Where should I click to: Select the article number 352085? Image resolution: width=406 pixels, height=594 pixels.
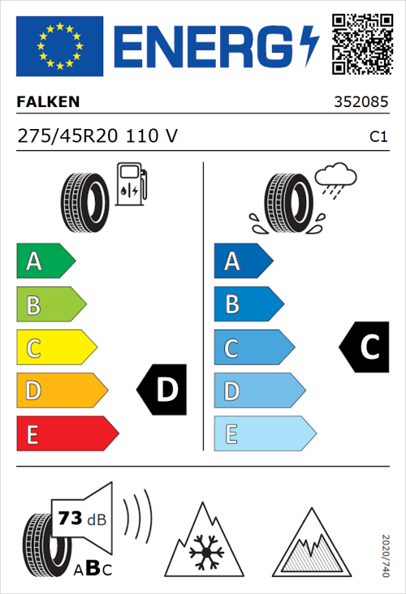(x=361, y=103)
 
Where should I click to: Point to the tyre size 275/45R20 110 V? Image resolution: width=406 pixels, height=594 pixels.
(x=97, y=136)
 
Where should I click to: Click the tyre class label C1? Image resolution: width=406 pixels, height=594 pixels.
(x=378, y=137)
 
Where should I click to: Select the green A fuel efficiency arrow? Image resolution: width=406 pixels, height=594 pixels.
(x=45, y=261)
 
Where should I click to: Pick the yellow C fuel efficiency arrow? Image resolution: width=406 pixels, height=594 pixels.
(x=55, y=347)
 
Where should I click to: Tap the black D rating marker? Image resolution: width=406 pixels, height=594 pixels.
(x=162, y=390)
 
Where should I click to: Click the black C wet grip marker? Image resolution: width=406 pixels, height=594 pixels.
(x=365, y=347)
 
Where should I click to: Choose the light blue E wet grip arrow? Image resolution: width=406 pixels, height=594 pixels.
(x=263, y=433)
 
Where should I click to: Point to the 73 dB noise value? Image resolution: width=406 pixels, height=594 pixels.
(x=81, y=518)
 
